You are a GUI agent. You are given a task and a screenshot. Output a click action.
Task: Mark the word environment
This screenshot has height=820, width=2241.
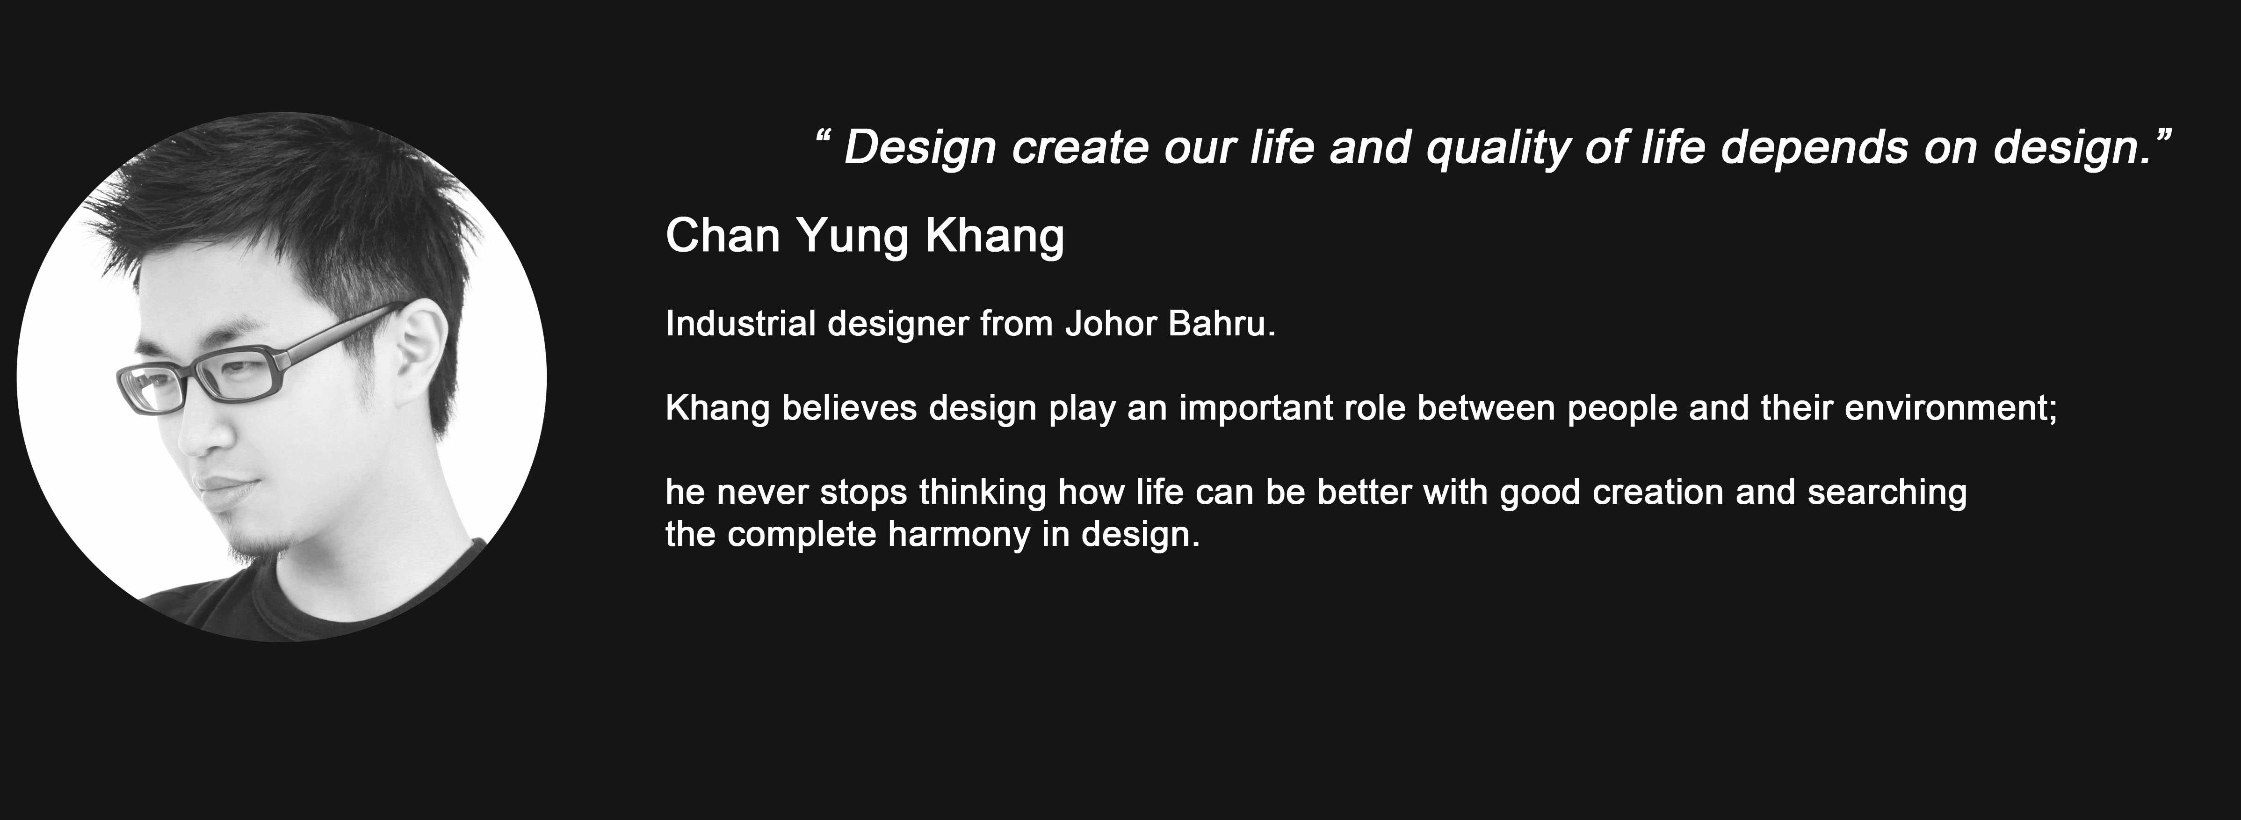tap(1951, 408)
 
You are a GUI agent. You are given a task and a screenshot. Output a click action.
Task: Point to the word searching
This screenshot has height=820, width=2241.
tap(1887, 493)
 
